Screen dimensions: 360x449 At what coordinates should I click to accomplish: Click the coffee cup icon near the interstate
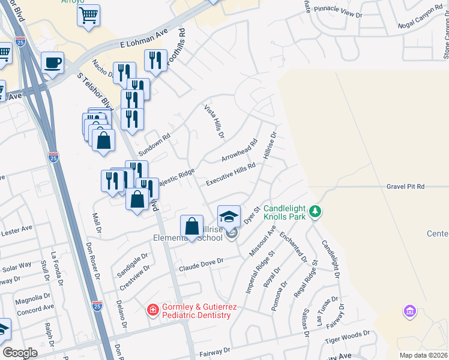(x=52, y=62)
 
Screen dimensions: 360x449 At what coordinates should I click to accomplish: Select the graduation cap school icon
(x=229, y=216)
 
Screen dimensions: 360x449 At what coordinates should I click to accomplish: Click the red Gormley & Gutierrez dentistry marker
(x=153, y=310)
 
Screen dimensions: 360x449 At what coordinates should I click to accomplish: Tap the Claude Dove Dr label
(x=201, y=262)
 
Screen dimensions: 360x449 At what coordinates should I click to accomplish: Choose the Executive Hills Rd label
(x=231, y=174)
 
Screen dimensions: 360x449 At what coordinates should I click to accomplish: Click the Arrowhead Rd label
(x=239, y=151)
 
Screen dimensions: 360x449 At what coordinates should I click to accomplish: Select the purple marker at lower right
(x=409, y=311)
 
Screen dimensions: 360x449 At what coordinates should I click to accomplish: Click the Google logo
(x=20, y=353)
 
